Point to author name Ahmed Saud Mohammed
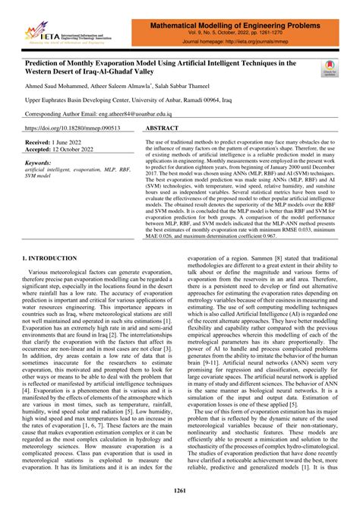pos(58,87)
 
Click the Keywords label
pos(42,162)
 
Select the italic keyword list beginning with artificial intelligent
pos(76,172)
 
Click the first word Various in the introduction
pos(42,271)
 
